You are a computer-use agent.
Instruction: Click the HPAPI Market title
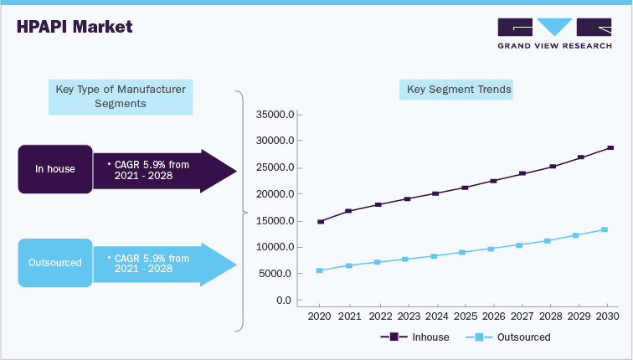pyautogui.click(x=75, y=27)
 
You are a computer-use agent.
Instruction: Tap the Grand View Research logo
pyautogui.click(x=553, y=33)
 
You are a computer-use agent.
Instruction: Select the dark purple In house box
pyautogui.click(x=55, y=169)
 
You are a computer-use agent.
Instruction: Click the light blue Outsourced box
pyautogui.click(x=55, y=263)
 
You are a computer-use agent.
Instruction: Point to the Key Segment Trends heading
pyautogui.click(x=459, y=89)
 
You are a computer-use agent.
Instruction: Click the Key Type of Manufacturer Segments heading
pyautogui.click(x=121, y=95)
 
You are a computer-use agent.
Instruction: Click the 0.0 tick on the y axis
pyautogui.click(x=282, y=301)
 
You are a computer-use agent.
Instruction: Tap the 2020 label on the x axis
pyautogui.click(x=320, y=316)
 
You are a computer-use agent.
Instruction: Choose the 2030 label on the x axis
pyautogui.click(x=608, y=316)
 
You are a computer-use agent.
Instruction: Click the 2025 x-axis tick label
pyautogui.click(x=464, y=316)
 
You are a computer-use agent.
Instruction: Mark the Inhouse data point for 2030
pyautogui.click(x=610, y=147)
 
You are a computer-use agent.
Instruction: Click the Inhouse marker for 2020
pyautogui.click(x=320, y=222)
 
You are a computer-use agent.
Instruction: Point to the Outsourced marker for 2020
pyautogui.click(x=320, y=270)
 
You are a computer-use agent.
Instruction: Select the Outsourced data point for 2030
pyautogui.click(x=605, y=229)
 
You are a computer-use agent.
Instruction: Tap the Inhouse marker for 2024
pyautogui.click(x=435, y=193)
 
